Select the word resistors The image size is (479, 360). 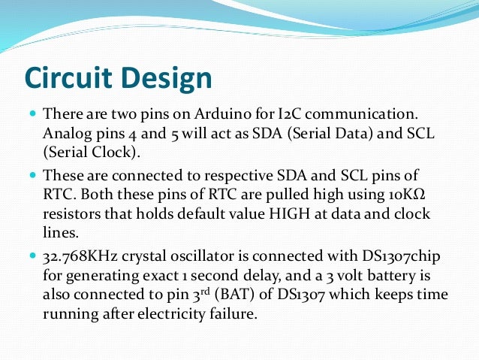(72, 214)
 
